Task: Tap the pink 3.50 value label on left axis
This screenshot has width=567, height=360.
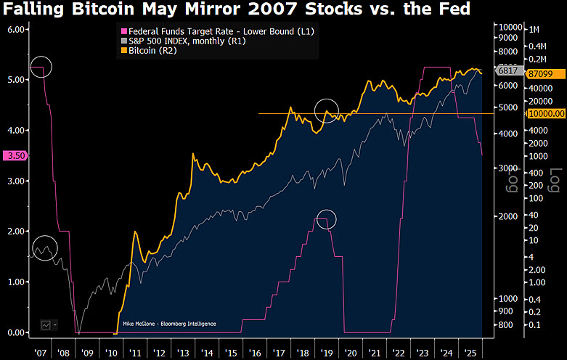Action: (15, 155)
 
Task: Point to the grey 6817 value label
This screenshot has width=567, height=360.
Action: (507, 70)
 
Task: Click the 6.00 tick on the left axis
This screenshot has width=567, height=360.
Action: (16, 30)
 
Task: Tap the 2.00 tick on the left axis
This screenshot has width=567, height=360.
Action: (16, 232)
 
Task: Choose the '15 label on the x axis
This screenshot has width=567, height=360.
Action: (230, 351)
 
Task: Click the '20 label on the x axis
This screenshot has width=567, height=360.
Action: (351, 351)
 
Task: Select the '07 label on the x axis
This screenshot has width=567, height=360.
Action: (40, 351)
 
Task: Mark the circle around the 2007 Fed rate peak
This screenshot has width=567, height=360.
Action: (41, 67)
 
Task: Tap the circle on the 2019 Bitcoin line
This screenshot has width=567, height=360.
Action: (327, 110)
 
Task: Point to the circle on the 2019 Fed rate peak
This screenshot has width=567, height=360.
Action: (327, 218)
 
